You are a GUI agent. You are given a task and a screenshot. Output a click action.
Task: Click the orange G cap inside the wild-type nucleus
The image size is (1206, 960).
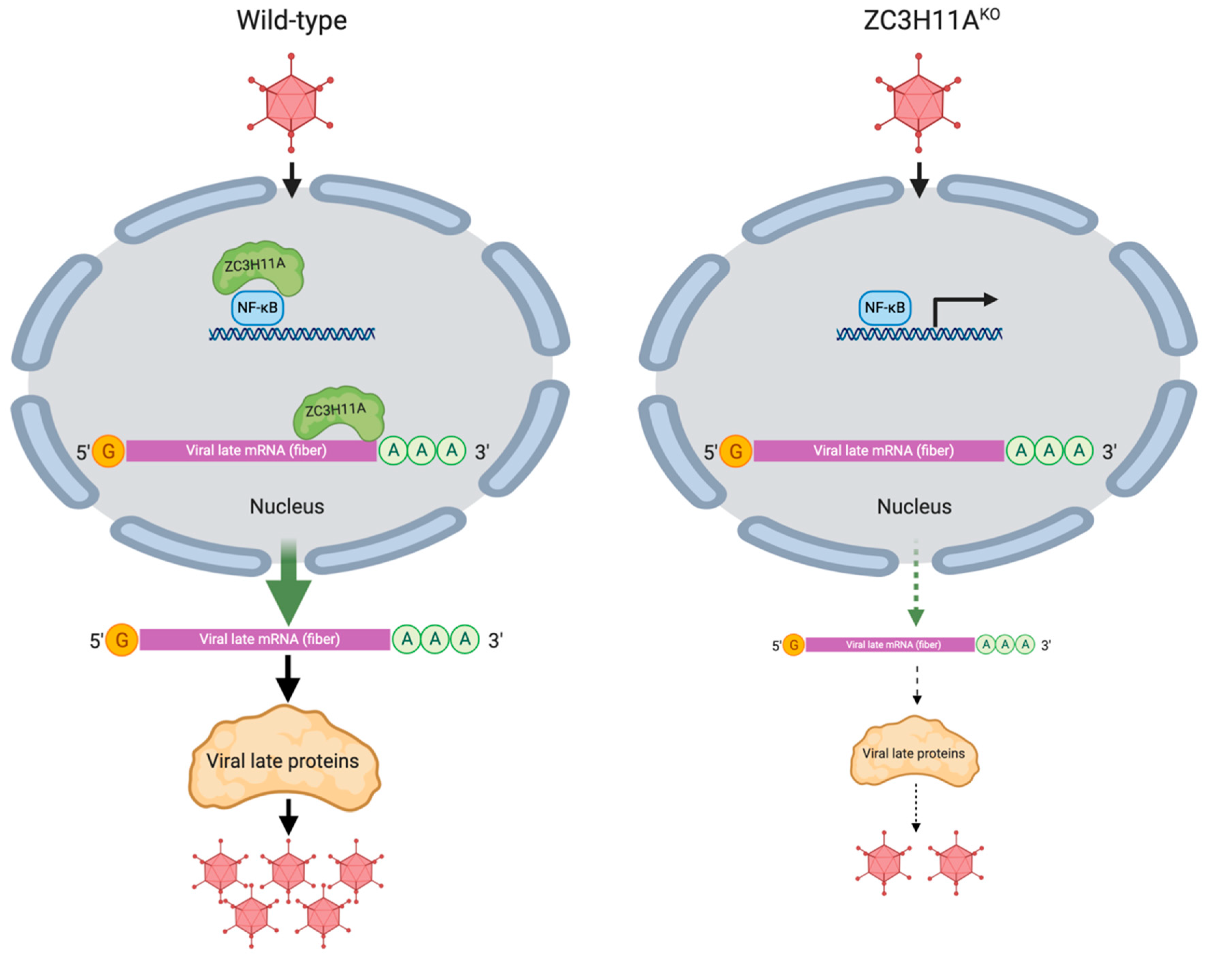109,451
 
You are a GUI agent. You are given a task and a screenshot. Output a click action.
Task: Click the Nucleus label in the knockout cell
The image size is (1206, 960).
914,506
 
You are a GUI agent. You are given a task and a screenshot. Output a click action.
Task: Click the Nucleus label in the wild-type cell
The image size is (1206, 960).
287,506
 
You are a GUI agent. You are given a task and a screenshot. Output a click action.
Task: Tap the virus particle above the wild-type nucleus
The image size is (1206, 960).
291,103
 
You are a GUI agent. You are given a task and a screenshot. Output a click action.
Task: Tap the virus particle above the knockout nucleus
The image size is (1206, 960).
918,103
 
